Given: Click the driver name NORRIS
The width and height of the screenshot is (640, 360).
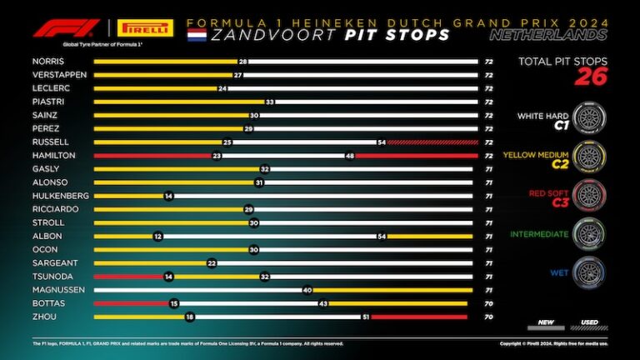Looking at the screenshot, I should [48, 62].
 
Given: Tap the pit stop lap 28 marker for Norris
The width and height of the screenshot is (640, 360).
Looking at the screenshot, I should [242, 62].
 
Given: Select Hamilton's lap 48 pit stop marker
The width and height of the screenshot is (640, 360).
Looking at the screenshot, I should [350, 155].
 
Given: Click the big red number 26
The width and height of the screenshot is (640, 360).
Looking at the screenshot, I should [591, 77].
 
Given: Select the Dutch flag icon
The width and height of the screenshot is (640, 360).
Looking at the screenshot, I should [197, 35].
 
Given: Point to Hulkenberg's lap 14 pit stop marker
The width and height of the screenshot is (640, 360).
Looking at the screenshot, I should [168, 195].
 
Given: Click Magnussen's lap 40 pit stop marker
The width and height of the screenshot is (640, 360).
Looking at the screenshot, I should [307, 289].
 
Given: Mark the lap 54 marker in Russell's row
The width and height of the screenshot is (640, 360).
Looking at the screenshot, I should [382, 142].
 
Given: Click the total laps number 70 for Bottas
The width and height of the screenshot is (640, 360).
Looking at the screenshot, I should [488, 303].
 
